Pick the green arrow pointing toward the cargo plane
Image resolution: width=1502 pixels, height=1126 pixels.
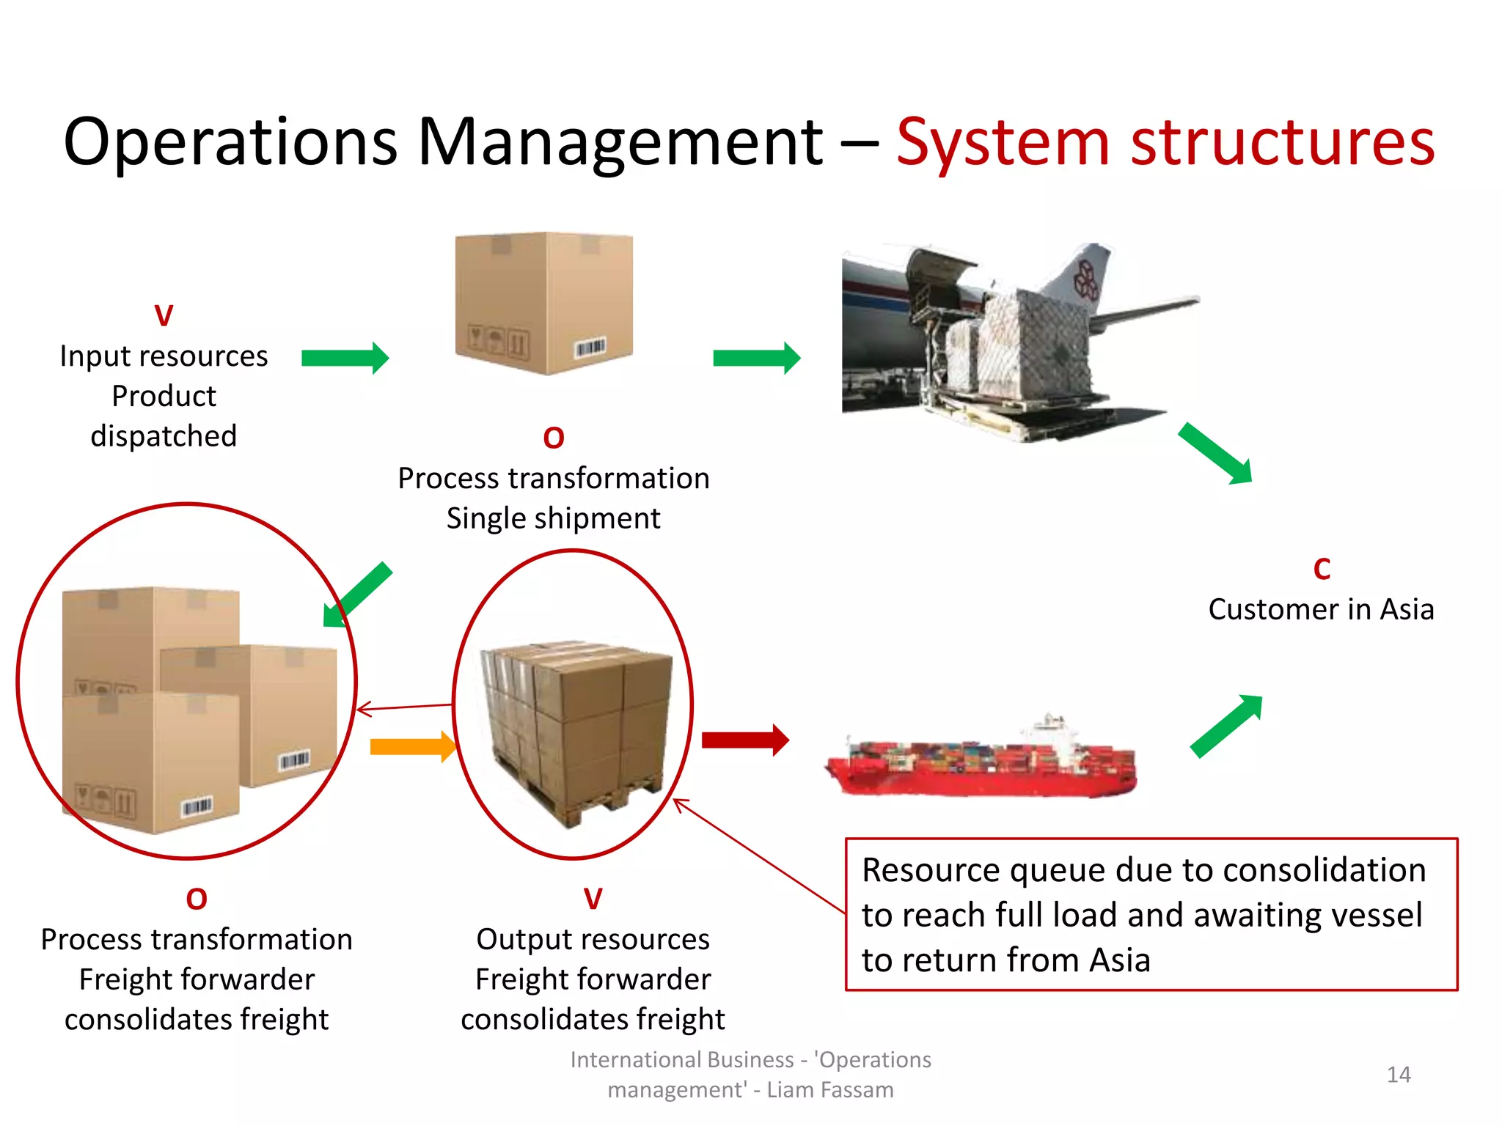(x=756, y=358)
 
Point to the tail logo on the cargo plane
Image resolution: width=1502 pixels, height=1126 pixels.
(x=1086, y=279)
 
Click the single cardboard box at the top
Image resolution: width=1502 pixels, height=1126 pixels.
(x=543, y=303)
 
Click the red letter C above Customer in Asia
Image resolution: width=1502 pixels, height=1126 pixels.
(x=1322, y=569)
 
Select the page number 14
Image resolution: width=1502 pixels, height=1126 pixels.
(x=1399, y=1075)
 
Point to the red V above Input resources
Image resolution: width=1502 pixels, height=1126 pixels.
(x=164, y=316)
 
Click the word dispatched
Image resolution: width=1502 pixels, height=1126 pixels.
(x=164, y=436)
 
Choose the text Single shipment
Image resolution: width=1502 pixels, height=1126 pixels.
(x=553, y=518)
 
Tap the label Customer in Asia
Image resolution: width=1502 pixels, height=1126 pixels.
(x=1321, y=609)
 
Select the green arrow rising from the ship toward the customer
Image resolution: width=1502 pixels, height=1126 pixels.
(x=1226, y=725)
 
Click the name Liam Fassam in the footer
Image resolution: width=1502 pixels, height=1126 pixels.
(x=830, y=1090)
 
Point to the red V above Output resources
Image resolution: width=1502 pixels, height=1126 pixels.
(x=593, y=898)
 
